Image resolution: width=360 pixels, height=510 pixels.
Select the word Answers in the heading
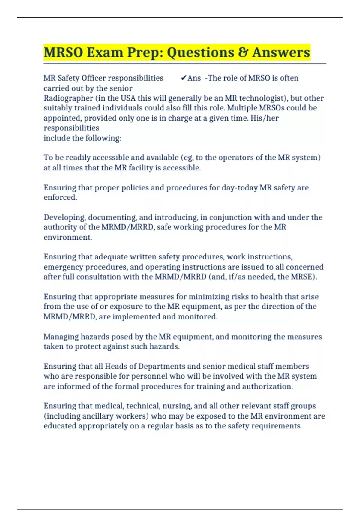281,52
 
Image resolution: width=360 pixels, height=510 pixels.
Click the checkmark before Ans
184,78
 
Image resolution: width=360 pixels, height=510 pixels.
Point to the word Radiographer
68,98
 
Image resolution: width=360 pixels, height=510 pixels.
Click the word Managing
61,337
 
